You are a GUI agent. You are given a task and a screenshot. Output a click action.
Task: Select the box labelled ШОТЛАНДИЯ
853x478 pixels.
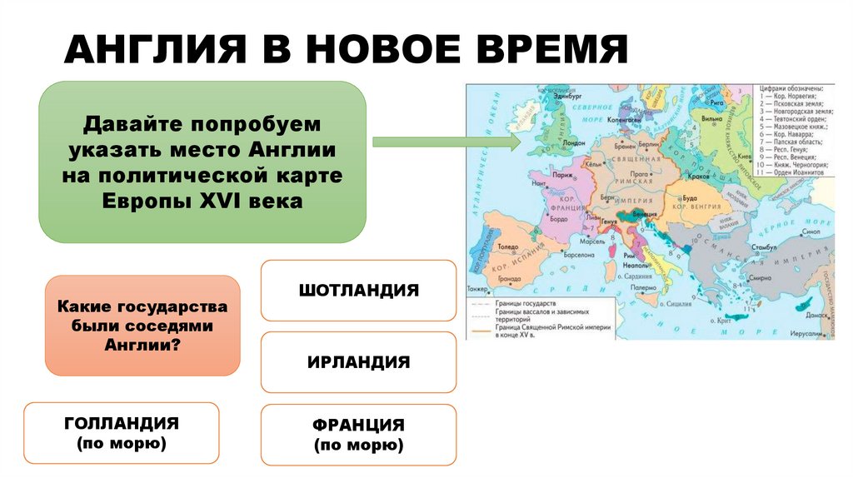tap(358, 291)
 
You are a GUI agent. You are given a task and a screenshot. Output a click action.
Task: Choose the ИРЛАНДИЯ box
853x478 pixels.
tap(358, 362)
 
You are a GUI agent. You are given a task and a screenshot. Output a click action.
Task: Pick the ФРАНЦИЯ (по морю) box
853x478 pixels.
tap(358, 435)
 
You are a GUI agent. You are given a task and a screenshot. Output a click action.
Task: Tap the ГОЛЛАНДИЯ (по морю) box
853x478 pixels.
tap(122, 433)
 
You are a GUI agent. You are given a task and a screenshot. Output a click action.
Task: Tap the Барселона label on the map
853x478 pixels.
tap(577, 255)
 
